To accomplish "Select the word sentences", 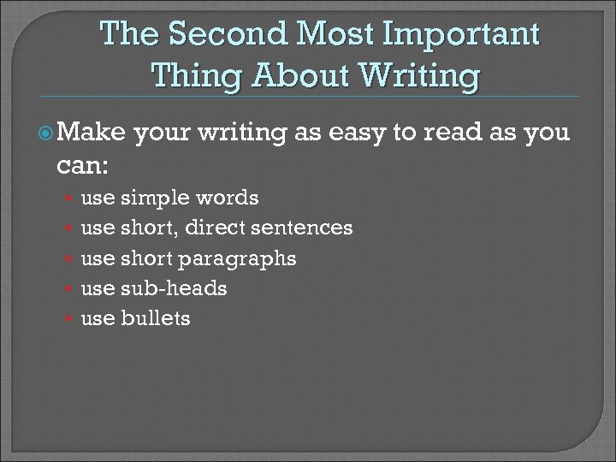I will (305, 228).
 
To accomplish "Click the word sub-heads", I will (174, 288).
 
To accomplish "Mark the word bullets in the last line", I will (157, 318).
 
